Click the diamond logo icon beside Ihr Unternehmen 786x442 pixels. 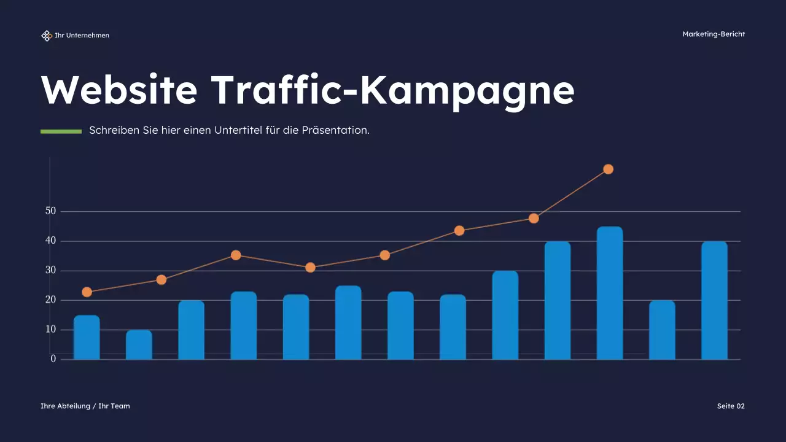47,36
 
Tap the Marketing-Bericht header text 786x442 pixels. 714,34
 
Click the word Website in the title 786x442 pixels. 119,90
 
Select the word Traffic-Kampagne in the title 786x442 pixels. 393,90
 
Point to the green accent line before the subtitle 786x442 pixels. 61,131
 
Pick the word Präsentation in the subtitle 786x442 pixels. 335,131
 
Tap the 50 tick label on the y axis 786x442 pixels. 50,211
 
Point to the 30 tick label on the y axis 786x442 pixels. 50,270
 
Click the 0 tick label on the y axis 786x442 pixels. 53,359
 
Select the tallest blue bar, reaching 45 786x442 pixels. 610,293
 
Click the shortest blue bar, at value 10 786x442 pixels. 139,345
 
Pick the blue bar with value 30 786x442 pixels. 505,316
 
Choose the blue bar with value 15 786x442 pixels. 87,338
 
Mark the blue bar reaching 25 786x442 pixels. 348,323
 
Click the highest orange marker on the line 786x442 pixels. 608,169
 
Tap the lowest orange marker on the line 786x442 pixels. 87,292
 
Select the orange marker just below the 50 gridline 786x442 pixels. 534,219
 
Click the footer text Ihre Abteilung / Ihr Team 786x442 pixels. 85,406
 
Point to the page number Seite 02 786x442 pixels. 731,406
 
